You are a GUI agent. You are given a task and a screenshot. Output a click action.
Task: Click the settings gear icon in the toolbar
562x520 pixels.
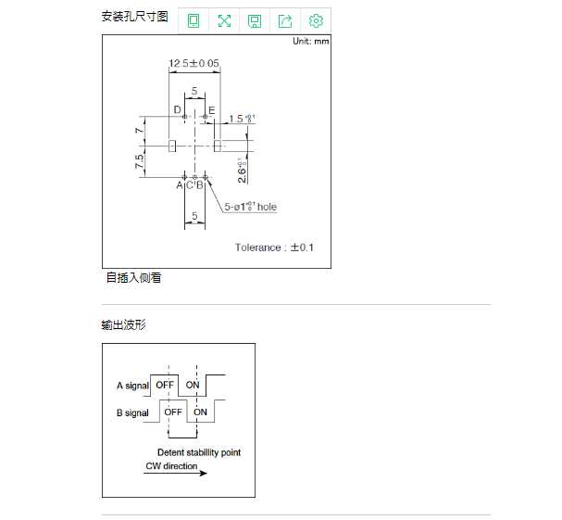pyautogui.click(x=316, y=20)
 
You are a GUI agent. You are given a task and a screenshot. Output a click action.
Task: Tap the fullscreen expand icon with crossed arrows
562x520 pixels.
pyautogui.click(x=224, y=20)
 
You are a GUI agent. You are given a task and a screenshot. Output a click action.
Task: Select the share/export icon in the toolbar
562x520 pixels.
pyautogui.click(x=285, y=20)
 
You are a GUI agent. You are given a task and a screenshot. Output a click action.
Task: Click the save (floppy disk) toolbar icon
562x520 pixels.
pyautogui.click(x=255, y=20)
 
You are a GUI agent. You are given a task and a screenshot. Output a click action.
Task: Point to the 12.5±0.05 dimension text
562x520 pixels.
pyautogui.click(x=194, y=64)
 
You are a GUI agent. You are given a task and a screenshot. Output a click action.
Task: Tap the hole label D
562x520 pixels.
pyautogui.click(x=176, y=110)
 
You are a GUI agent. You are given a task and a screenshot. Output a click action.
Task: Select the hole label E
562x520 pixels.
pyautogui.click(x=212, y=110)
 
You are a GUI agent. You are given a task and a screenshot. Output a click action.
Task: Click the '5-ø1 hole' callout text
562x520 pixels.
pyautogui.click(x=251, y=207)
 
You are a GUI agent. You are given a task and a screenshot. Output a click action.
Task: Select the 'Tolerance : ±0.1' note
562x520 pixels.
pyautogui.click(x=274, y=247)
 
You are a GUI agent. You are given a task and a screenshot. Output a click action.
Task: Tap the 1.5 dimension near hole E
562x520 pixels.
pyautogui.click(x=240, y=118)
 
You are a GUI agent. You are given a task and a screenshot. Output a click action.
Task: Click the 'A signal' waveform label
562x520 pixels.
pyautogui.click(x=132, y=385)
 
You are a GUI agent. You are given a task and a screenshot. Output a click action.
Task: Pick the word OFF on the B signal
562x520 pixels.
pyautogui.click(x=172, y=412)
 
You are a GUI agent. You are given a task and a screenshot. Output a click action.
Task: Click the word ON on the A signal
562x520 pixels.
pyautogui.click(x=193, y=385)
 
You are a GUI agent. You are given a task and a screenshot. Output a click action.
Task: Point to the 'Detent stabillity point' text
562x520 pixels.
pyautogui.click(x=198, y=452)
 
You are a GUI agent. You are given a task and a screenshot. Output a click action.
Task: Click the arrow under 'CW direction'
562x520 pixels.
pyautogui.click(x=176, y=474)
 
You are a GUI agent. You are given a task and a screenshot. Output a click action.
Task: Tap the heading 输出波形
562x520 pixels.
pyautogui.click(x=123, y=324)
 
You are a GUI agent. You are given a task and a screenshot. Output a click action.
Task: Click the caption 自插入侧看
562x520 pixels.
pyautogui.click(x=133, y=277)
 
